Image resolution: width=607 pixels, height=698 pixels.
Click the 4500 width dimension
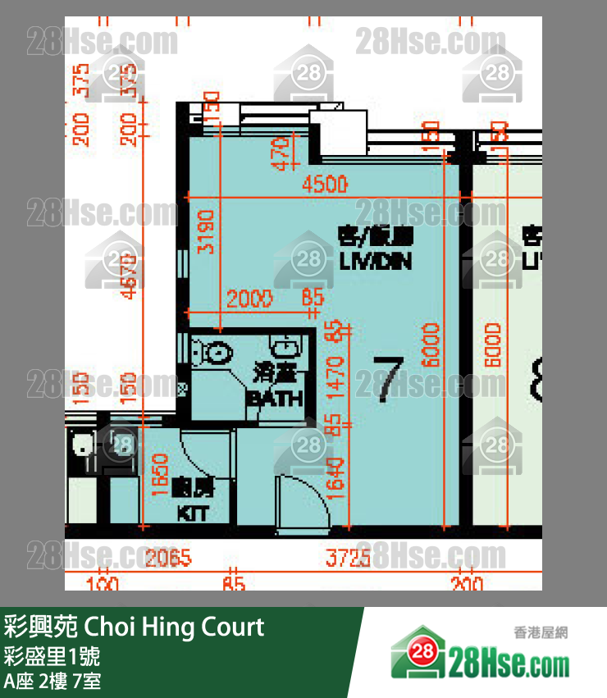(325, 185)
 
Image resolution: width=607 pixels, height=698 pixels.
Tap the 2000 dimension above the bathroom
(250, 300)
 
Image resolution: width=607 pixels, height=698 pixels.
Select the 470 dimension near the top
(282, 154)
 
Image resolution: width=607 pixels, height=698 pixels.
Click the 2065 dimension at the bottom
(168, 559)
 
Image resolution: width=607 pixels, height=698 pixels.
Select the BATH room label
(275, 399)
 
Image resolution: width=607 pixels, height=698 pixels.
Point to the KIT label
(194, 514)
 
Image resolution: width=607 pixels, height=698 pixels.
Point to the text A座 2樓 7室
(52, 681)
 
